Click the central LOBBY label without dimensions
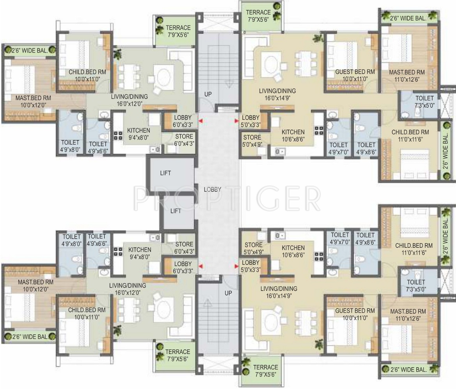212,189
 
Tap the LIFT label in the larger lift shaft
166,173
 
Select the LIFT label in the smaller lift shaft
176,211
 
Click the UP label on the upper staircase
208,94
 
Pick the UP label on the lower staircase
228,293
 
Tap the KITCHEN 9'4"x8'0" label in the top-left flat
139,134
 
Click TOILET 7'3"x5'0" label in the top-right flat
424,102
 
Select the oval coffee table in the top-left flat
164,77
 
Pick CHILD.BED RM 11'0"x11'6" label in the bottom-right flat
414,249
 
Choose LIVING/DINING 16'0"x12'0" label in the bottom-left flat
128,289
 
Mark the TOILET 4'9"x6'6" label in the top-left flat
98,147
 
